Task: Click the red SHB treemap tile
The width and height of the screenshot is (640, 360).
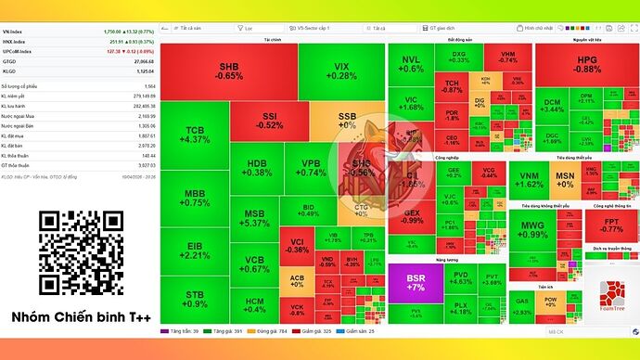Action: point(228,71)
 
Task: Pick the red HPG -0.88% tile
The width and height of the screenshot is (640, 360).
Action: point(587,65)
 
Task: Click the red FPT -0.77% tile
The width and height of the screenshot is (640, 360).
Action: point(611,225)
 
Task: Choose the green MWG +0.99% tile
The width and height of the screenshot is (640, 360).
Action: point(533,230)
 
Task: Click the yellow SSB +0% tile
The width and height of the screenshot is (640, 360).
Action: point(347,120)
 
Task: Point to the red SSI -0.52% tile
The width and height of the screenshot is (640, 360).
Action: point(271,121)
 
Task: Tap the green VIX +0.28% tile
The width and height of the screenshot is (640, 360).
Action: point(342,71)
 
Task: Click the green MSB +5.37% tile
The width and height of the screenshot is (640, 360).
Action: point(254,218)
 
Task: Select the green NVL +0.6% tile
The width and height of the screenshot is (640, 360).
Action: point(412,64)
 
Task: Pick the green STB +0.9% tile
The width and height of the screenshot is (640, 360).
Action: point(195,299)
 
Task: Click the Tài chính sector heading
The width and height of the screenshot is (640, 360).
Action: point(273,40)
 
